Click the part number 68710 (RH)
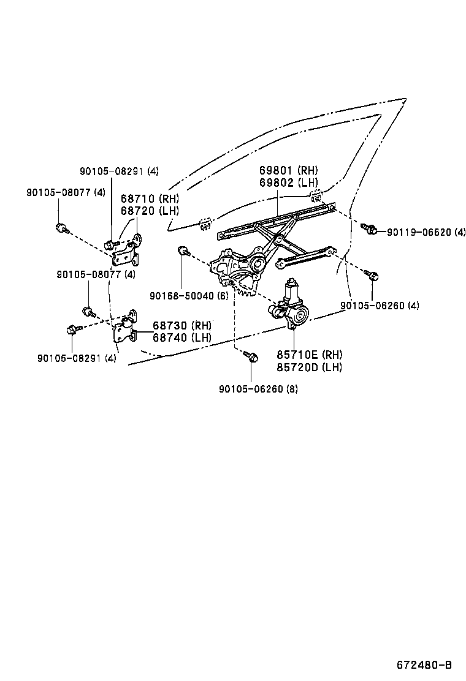click(x=150, y=199)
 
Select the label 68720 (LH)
click(x=150, y=211)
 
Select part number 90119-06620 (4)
click(x=426, y=231)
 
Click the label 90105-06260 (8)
click(x=258, y=388)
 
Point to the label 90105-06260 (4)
click(x=380, y=306)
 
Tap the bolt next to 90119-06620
click(x=369, y=228)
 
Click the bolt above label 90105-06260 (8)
click(x=250, y=356)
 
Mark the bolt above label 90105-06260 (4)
click(x=371, y=274)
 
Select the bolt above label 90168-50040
click(x=183, y=250)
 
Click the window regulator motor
click(x=291, y=305)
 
